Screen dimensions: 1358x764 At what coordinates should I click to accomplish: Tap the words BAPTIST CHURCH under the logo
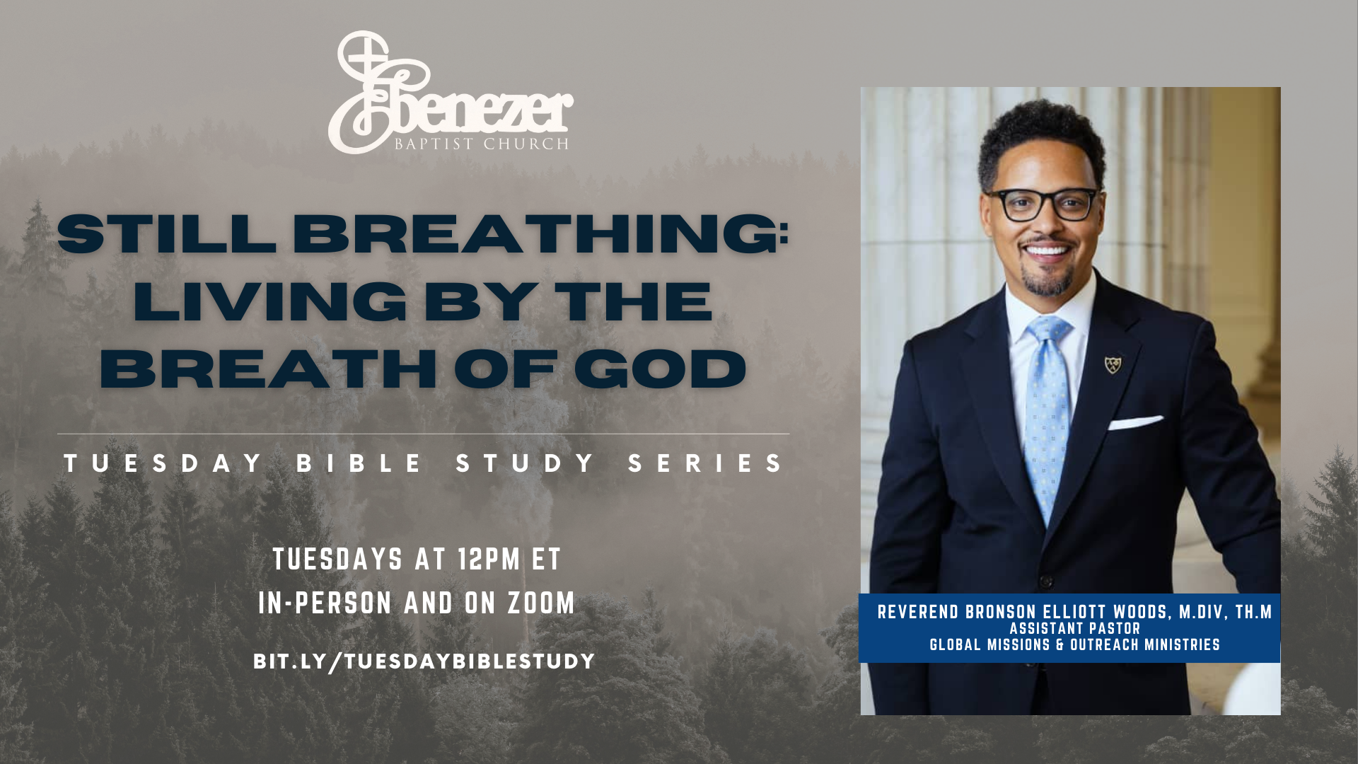[482, 144]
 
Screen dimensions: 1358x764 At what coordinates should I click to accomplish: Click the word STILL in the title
[167, 233]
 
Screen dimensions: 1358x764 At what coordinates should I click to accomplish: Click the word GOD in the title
[660, 369]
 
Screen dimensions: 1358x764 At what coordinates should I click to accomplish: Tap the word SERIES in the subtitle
[705, 463]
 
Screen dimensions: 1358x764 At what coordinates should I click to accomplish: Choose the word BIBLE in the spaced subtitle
[359, 463]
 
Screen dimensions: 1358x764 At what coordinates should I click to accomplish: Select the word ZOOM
[541, 603]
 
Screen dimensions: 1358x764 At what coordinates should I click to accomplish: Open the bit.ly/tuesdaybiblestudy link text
[424, 661]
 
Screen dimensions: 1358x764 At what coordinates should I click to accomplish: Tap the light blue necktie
[1047, 417]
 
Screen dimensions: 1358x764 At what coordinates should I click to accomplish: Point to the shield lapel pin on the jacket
[1113, 364]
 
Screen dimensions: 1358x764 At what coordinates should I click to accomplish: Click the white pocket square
[1134, 423]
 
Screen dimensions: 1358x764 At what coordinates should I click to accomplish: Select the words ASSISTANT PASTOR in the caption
[1075, 628]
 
